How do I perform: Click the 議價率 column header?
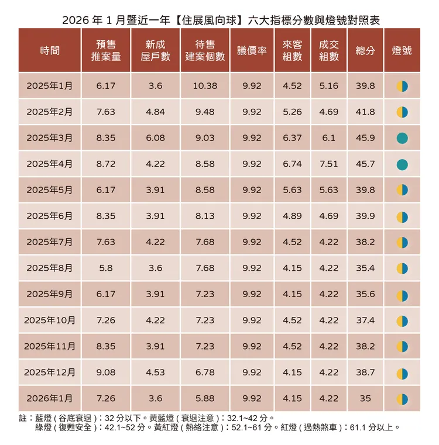(252, 51)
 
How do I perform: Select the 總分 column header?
(365, 51)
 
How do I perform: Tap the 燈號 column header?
(402, 51)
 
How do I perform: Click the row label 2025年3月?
(50, 138)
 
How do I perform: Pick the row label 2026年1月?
(50, 398)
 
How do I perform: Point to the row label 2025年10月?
(50, 320)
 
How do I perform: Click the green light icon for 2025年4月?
(402, 164)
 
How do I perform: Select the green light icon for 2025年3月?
(402, 138)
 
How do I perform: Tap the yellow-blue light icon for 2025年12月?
(402, 372)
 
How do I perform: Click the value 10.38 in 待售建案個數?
(204, 86)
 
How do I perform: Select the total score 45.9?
(365, 138)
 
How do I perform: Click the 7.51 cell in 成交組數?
(329, 164)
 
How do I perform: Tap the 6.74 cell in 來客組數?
(292, 164)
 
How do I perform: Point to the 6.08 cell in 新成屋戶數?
(155, 138)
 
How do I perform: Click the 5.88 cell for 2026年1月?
(204, 398)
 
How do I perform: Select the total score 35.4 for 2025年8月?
(365, 268)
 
